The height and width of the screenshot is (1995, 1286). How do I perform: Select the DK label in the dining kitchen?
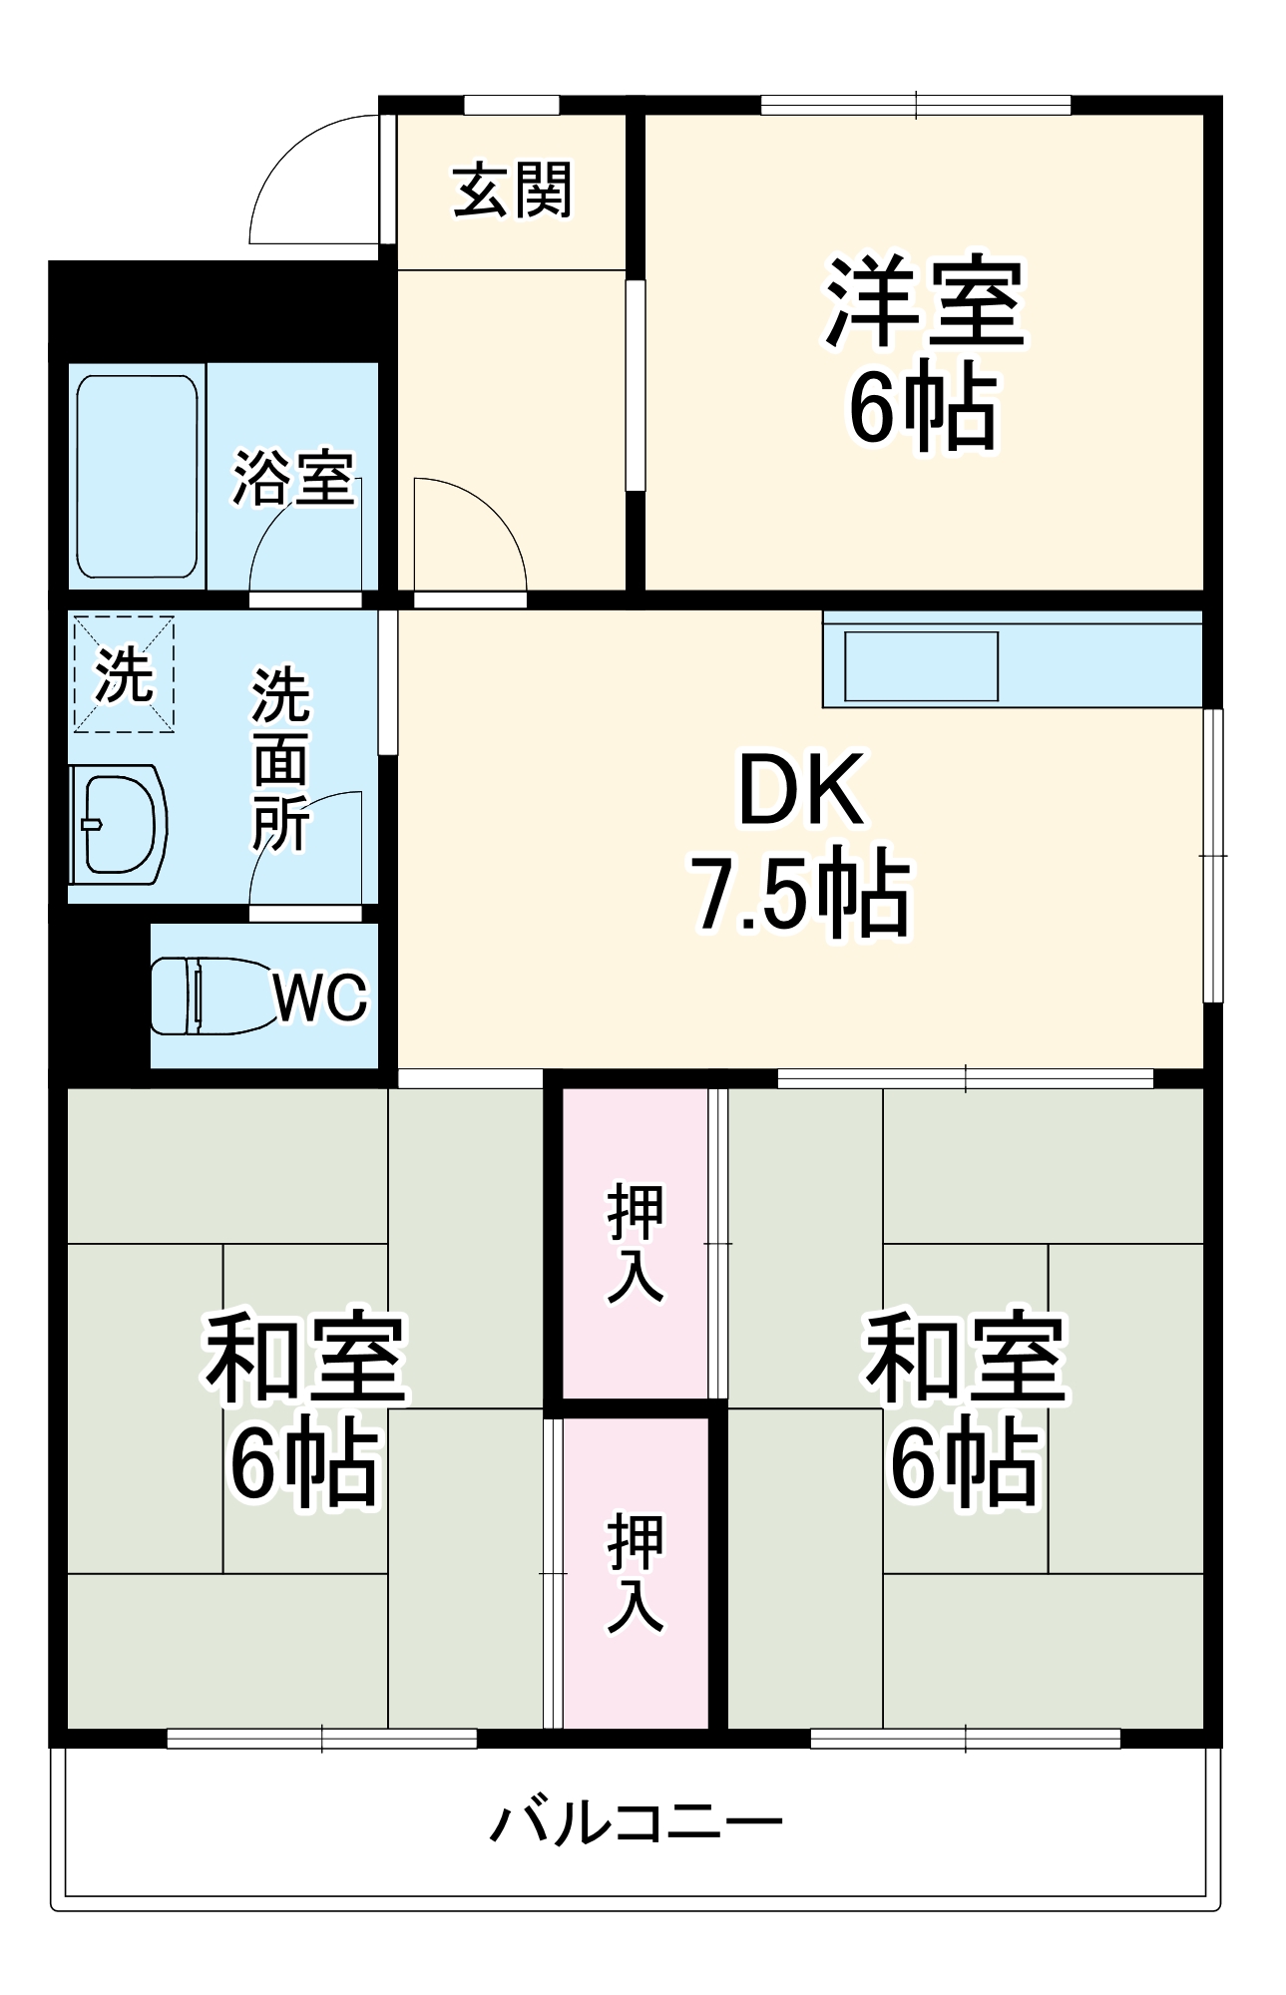click(800, 790)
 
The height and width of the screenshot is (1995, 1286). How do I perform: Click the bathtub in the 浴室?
click(137, 476)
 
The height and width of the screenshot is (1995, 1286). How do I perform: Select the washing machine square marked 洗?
click(124, 675)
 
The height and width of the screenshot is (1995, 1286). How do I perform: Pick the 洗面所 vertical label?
click(280, 760)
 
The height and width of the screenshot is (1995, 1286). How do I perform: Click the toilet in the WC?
click(210, 995)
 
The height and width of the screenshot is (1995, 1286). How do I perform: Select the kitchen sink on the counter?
click(921, 665)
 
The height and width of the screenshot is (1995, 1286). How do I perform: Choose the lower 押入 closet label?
click(636, 1572)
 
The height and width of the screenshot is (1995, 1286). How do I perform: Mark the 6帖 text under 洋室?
click(924, 407)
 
